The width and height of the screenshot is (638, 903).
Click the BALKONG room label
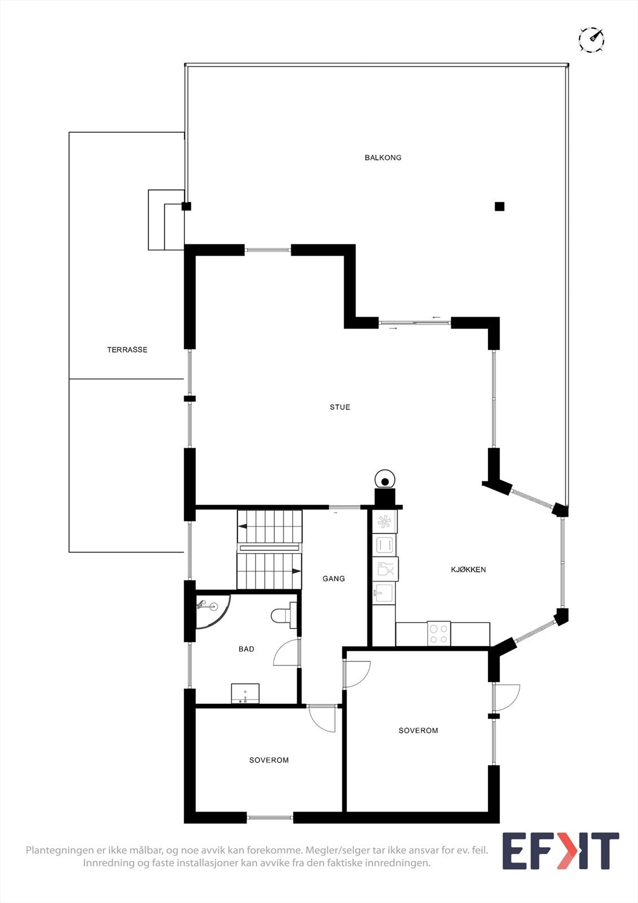point(383,157)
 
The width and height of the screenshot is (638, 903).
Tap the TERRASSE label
point(127,350)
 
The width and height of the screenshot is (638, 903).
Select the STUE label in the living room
point(340,407)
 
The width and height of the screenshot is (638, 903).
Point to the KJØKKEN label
point(468,569)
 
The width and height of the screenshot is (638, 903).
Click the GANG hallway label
point(333,578)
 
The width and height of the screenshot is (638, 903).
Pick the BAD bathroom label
point(247,649)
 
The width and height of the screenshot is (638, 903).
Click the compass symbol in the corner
point(591,40)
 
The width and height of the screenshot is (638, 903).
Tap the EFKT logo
point(560,851)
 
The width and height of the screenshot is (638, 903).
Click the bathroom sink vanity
point(245,694)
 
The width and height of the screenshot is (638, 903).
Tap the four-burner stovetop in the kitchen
point(439,633)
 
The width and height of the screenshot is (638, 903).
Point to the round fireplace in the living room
point(385,481)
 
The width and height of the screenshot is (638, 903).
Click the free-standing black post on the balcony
point(499,207)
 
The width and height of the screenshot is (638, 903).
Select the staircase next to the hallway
point(270,550)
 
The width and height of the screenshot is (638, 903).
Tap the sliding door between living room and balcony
point(415,323)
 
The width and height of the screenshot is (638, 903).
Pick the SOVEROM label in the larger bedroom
point(418,730)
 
